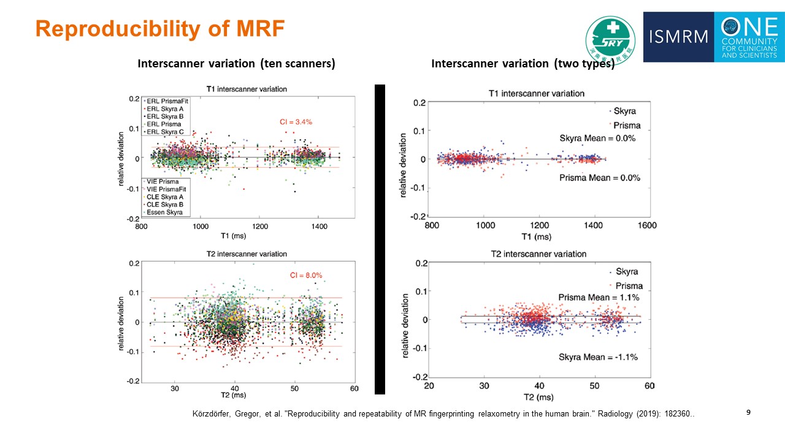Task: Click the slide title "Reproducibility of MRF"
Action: point(160,29)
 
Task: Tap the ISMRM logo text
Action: point(678,37)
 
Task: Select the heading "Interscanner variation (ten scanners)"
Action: point(236,64)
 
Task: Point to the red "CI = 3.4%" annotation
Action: point(292,122)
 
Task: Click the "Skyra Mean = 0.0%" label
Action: point(597,138)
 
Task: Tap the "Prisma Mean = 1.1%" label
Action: point(599,298)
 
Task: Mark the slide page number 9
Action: point(748,413)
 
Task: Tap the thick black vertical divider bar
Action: point(380,239)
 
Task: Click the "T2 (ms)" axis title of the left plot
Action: point(237,396)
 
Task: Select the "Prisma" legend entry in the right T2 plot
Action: point(628,286)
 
